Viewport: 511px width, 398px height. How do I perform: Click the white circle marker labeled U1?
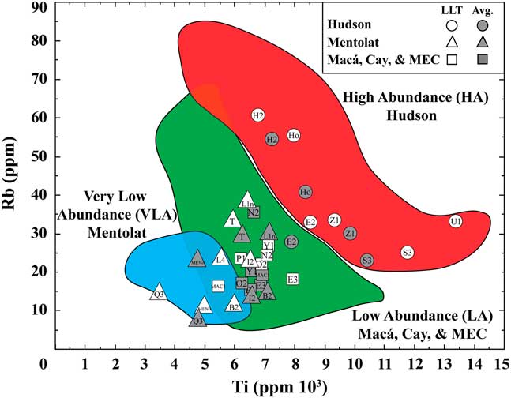tap(456, 222)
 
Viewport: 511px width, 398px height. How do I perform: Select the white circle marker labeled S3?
tap(408, 253)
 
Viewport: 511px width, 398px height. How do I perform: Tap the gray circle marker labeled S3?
tap(367, 261)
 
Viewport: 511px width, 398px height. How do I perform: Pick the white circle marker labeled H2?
tap(258, 115)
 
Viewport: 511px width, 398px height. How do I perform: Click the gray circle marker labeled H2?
tap(272, 139)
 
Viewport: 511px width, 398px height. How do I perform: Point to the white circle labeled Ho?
tap(294, 135)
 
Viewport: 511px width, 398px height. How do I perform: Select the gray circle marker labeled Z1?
tap(350, 233)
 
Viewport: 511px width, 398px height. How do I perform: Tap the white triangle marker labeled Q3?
tap(159, 293)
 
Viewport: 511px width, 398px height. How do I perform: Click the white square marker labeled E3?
tap(293, 280)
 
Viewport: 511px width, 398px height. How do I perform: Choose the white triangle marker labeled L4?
tap(220, 258)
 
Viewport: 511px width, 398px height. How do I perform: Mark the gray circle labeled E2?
tap(291, 242)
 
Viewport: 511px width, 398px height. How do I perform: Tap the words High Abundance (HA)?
tap(417, 98)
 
